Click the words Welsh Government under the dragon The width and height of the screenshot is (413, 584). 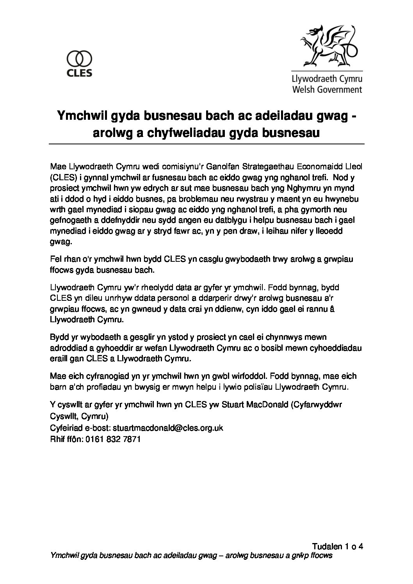(327, 89)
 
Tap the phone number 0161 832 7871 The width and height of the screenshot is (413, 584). (112, 439)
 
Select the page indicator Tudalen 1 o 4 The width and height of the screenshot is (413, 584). (338, 546)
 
